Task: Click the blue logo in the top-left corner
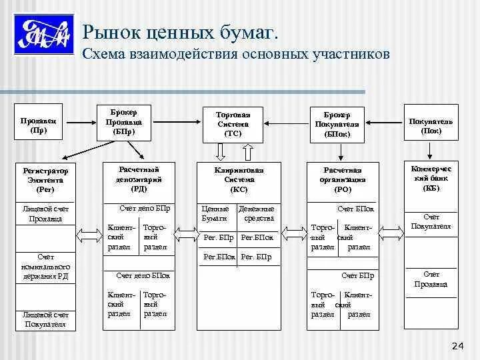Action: [41, 35]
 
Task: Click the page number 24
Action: [458, 345]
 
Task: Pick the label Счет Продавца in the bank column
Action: [431, 279]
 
